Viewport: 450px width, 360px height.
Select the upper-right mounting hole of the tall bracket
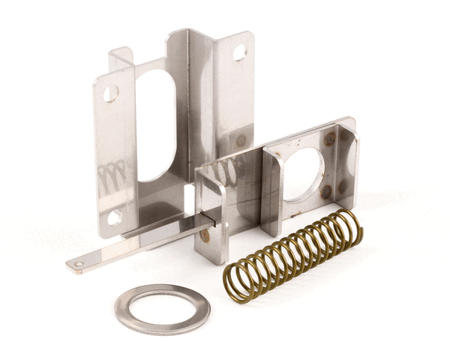coord(239,52)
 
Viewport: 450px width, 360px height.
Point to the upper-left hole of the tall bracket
coord(110,94)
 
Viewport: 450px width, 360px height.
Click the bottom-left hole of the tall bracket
coord(114,217)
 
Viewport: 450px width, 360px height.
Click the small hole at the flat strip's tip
coord(79,264)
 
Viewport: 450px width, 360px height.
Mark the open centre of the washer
coord(162,308)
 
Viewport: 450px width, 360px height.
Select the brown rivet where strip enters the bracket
coord(205,234)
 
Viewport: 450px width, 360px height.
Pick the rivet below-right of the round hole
coord(326,192)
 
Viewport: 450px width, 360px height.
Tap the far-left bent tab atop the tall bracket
coord(121,57)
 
